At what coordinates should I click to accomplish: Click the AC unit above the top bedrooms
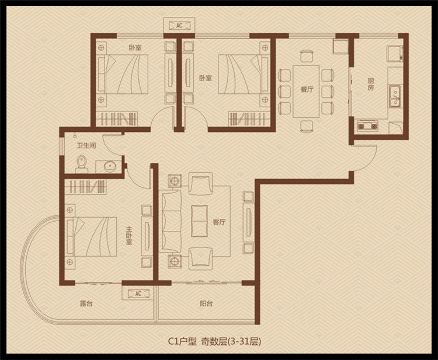coord(179,26)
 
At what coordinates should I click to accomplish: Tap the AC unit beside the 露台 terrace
coord(138,293)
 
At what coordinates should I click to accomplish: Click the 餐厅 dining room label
coord(307,89)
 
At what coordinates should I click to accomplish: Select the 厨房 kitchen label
coord(370,84)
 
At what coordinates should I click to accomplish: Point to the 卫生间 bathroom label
coord(86,145)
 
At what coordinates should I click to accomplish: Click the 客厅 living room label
coord(219,222)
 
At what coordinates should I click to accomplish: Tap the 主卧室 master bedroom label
coord(129,235)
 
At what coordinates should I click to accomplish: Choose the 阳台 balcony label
coord(206,303)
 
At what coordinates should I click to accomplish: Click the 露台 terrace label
coord(86,303)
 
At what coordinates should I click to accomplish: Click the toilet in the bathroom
coord(81,164)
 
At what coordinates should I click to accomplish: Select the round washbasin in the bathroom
coord(110,167)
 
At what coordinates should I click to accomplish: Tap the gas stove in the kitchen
coord(367,126)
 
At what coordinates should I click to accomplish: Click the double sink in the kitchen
coord(395,96)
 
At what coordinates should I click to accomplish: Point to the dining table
coord(306,91)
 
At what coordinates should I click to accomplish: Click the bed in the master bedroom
coord(92,237)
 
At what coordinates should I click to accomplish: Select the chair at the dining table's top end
coord(307,56)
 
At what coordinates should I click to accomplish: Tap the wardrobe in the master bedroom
coord(85,187)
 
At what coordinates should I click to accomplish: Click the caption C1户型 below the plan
coord(182,341)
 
